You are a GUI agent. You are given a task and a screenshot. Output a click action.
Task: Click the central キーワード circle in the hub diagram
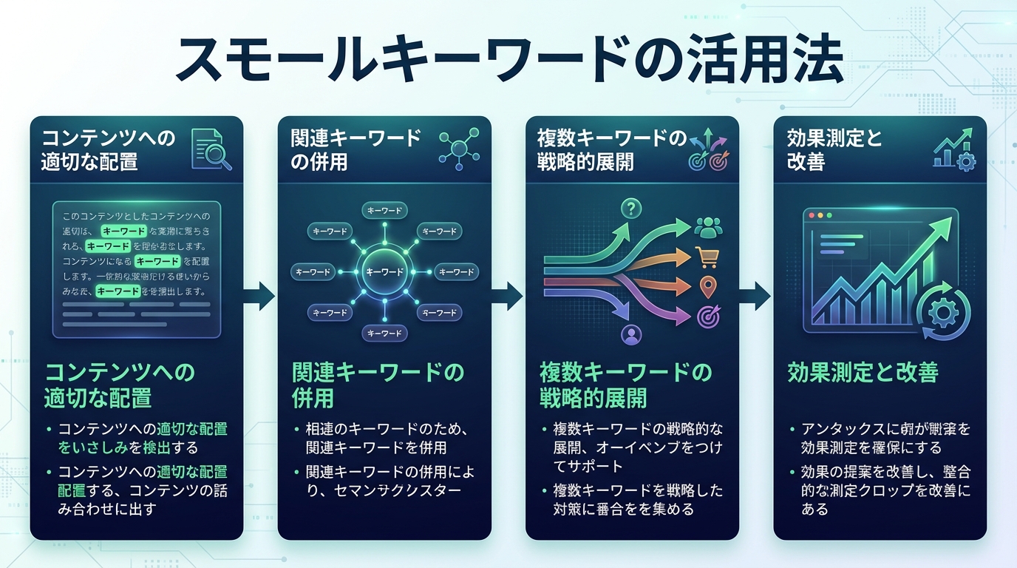[384, 272]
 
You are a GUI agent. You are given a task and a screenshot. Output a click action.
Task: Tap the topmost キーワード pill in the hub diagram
[384, 211]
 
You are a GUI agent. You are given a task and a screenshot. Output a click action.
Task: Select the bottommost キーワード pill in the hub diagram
[384, 334]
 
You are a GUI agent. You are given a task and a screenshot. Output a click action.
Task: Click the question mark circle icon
[630, 209]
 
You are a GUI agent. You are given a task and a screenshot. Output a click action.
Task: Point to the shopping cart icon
[707, 257]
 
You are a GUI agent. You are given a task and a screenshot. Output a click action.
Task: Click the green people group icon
[708, 228]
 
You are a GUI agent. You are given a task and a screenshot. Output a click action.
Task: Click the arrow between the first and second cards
[260, 297]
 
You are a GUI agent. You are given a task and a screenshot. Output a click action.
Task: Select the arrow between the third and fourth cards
[756, 297]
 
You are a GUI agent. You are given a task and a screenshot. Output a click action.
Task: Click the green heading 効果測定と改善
[863, 372]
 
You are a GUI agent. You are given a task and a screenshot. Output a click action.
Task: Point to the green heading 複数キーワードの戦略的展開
[625, 385]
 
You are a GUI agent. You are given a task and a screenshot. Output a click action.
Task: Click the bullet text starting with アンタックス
[884, 438]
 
